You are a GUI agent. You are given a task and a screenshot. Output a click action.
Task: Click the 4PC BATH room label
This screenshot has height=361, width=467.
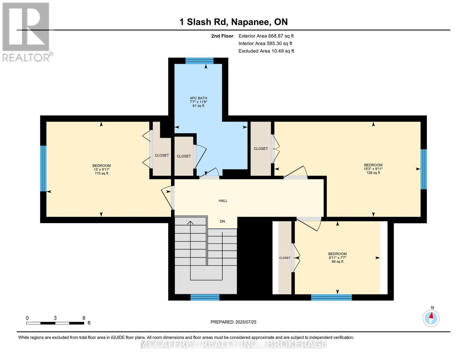pyautogui.click(x=198, y=98)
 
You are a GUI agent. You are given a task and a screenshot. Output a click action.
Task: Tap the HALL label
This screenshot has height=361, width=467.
pyautogui.click(x=223, y=201)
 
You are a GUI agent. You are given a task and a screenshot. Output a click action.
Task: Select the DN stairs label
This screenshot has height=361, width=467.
pyautogui.click(x=222, y=221)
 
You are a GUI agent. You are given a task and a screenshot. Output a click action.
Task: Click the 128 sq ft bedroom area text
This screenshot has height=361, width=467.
pyautogui.click(x=373, y=173)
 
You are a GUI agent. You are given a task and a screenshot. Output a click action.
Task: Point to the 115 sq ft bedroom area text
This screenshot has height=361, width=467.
pyautogui.click(x=102, y=174)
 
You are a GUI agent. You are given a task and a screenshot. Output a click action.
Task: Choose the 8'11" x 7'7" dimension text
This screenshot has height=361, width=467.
pyautogui.click(x=337, y=258)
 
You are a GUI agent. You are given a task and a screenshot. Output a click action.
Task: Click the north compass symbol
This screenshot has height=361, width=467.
pyautogui.click(x=431, y=318)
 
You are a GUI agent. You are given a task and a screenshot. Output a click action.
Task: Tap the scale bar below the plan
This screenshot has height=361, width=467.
pyautogui.click(x=55, y=323)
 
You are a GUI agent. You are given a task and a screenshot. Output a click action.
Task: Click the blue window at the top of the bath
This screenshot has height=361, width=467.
pyautogui.click(x=199, y=61)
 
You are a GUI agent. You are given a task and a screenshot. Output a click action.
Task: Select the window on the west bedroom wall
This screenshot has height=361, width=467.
pyautogui.click(x=43, y=168)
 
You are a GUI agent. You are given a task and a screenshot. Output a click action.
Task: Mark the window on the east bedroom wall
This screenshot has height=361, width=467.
pyautogui.click(x=423, y=169)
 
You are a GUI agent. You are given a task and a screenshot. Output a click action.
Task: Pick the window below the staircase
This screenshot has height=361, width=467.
pyautogui.click(x=205, y=297)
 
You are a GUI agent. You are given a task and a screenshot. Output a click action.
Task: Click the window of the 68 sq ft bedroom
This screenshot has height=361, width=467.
pyautogui.click(x=331, y=297)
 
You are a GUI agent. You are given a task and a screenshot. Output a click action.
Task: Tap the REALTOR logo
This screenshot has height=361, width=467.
pyautogui.click(x=26, y=32)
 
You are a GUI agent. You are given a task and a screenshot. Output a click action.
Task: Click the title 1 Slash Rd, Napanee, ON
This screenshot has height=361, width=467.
pyautogui.click(x=233, y=22)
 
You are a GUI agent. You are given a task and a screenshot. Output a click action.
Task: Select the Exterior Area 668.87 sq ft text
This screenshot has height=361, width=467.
pyautogui.click(x=266, y=36)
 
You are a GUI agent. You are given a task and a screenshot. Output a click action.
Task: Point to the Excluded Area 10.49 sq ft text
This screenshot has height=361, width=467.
pyautogui.click(x=266, y=51)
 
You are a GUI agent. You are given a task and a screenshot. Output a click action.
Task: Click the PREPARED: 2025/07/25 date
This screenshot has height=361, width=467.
pyautogui.click(x=233, y=322)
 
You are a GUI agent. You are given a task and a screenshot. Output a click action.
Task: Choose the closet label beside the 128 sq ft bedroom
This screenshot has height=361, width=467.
pyautogui.click(x=261, y=149)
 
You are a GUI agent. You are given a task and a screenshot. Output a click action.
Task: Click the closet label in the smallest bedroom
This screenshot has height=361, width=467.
pyautogui.click(x=285, y=258)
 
